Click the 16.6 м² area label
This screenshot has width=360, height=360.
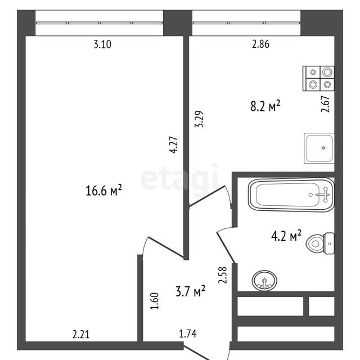point(103,191)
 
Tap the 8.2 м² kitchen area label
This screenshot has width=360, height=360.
point(265,106)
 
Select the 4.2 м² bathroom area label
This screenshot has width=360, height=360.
point(286,236)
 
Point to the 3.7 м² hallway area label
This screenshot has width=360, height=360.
point(191,291)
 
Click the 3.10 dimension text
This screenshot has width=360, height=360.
point(102,44)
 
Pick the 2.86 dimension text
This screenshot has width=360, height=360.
point(260,44)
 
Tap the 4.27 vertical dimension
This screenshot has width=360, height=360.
point(173,145)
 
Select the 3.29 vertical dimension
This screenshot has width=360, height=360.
point(199,119)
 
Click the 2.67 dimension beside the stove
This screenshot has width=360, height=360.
point(325,104)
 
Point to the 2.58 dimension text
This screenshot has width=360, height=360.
point(222,275)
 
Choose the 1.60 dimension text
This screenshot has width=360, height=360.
point(154,301)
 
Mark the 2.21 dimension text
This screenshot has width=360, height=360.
point(81,334)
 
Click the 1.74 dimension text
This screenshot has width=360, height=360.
point(188,334)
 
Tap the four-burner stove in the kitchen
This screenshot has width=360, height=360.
point(318,79)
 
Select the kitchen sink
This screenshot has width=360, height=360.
point(319,148)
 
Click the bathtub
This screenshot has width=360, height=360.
point(291,195)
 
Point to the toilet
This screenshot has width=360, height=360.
point(320,244)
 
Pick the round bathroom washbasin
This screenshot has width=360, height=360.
point(264,281)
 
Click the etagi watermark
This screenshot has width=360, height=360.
point(179,177)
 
